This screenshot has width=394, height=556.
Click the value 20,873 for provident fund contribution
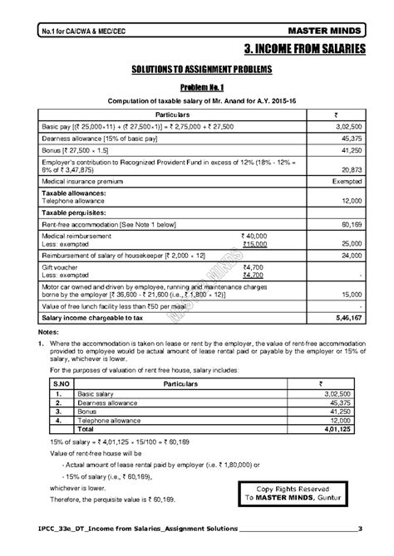348,168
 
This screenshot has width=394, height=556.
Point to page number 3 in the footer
359,529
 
